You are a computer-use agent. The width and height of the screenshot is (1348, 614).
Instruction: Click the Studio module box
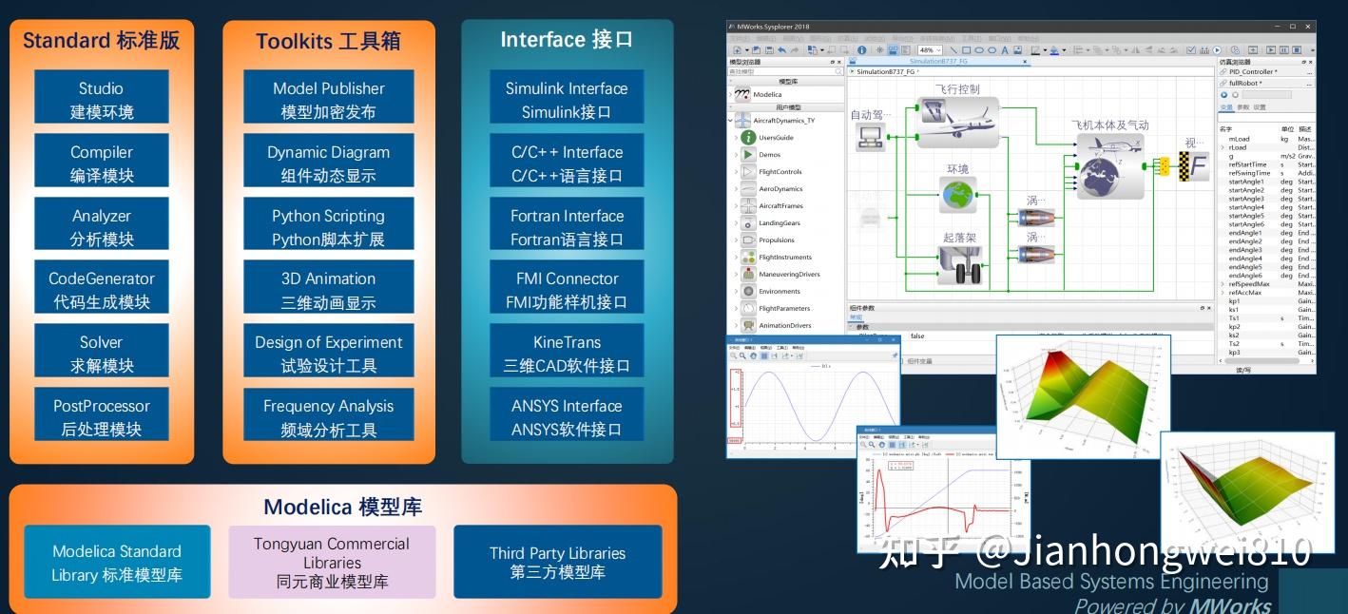102,100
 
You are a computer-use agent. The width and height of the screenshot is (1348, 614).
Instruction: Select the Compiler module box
102,163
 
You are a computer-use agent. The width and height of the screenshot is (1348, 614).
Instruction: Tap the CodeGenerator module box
102,291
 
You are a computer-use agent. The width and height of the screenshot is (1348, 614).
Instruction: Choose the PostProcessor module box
102,417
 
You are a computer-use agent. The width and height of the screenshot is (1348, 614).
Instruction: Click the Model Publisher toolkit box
329,100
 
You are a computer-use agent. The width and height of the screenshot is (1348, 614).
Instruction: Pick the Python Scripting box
329,227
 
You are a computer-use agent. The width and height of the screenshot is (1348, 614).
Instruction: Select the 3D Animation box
329,291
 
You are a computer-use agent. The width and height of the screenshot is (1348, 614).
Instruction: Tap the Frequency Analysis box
329,417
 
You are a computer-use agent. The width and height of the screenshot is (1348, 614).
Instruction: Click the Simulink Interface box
567,100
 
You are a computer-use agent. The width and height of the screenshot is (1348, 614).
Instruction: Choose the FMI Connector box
567,291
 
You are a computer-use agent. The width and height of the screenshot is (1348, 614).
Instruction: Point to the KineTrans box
567,354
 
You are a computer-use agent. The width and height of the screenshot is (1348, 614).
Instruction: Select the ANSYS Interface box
567,417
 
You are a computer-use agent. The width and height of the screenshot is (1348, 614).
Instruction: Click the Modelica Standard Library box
117,563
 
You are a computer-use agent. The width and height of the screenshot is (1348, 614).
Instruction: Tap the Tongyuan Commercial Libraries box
332,563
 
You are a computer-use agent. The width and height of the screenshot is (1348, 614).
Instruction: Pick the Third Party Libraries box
558,563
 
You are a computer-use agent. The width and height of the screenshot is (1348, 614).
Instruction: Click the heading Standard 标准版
101,41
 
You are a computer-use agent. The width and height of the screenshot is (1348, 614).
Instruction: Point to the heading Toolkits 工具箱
328,41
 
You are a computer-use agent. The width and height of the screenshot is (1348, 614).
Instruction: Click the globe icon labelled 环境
957,195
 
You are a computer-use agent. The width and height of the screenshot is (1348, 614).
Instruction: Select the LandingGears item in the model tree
780,223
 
